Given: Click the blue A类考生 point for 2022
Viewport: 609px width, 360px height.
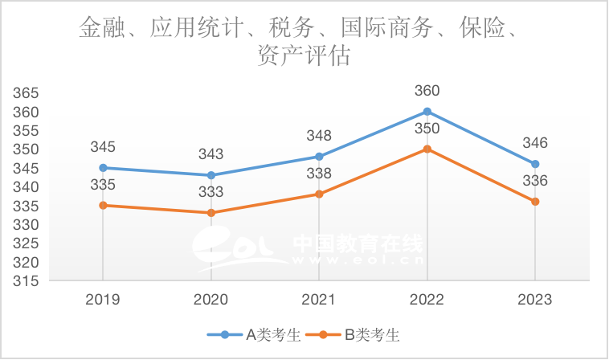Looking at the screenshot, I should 427,111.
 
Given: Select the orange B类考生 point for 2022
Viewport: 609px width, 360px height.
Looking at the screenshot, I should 427,149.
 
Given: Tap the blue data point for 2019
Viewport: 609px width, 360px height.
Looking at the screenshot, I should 103,168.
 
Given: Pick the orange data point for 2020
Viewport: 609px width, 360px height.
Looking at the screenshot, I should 211,213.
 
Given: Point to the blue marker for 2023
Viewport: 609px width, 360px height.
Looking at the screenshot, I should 535,164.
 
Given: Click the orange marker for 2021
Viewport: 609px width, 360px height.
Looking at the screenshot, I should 319,194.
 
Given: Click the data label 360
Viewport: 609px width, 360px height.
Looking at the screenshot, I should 427,91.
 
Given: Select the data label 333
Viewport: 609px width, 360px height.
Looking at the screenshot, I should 210,192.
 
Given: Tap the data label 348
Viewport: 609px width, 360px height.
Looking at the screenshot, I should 319,136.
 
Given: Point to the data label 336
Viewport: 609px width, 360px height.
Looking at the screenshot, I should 535,181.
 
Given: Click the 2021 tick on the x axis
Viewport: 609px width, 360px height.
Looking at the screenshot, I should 319,300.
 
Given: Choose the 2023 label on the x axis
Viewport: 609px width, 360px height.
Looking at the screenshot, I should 535,300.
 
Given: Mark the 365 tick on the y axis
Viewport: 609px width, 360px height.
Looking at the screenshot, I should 27,92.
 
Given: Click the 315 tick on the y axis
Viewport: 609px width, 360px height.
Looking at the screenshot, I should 27,281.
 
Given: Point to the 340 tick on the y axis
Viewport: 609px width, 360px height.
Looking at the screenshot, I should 27,186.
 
